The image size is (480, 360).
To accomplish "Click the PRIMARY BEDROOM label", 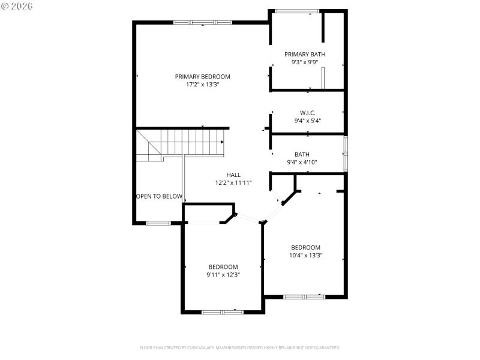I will [202, 76].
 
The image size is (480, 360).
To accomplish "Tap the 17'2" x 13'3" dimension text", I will [202, 85].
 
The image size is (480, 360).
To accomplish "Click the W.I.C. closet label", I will [308, 113].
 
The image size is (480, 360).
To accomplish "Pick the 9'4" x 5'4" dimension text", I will [308, 121].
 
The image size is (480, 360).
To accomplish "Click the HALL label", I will [233, 175].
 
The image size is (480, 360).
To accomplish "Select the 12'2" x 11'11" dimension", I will [233, 183].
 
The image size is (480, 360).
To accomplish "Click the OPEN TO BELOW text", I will [160, 196].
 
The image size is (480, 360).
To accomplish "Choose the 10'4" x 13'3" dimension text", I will [305, 255].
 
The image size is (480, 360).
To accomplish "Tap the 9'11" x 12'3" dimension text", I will [223, 275].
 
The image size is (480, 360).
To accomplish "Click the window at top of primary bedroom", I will [202, 23].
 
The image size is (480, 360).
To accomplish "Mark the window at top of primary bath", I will [297, 10].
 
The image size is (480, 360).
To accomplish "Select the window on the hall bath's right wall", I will [345, 154].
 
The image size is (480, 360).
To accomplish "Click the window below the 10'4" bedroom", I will [304, 296].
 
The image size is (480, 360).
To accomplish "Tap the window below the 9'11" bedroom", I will [222, 312].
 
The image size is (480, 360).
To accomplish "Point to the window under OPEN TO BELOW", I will [158, 223].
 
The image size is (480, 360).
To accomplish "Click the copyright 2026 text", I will [17, 5].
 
